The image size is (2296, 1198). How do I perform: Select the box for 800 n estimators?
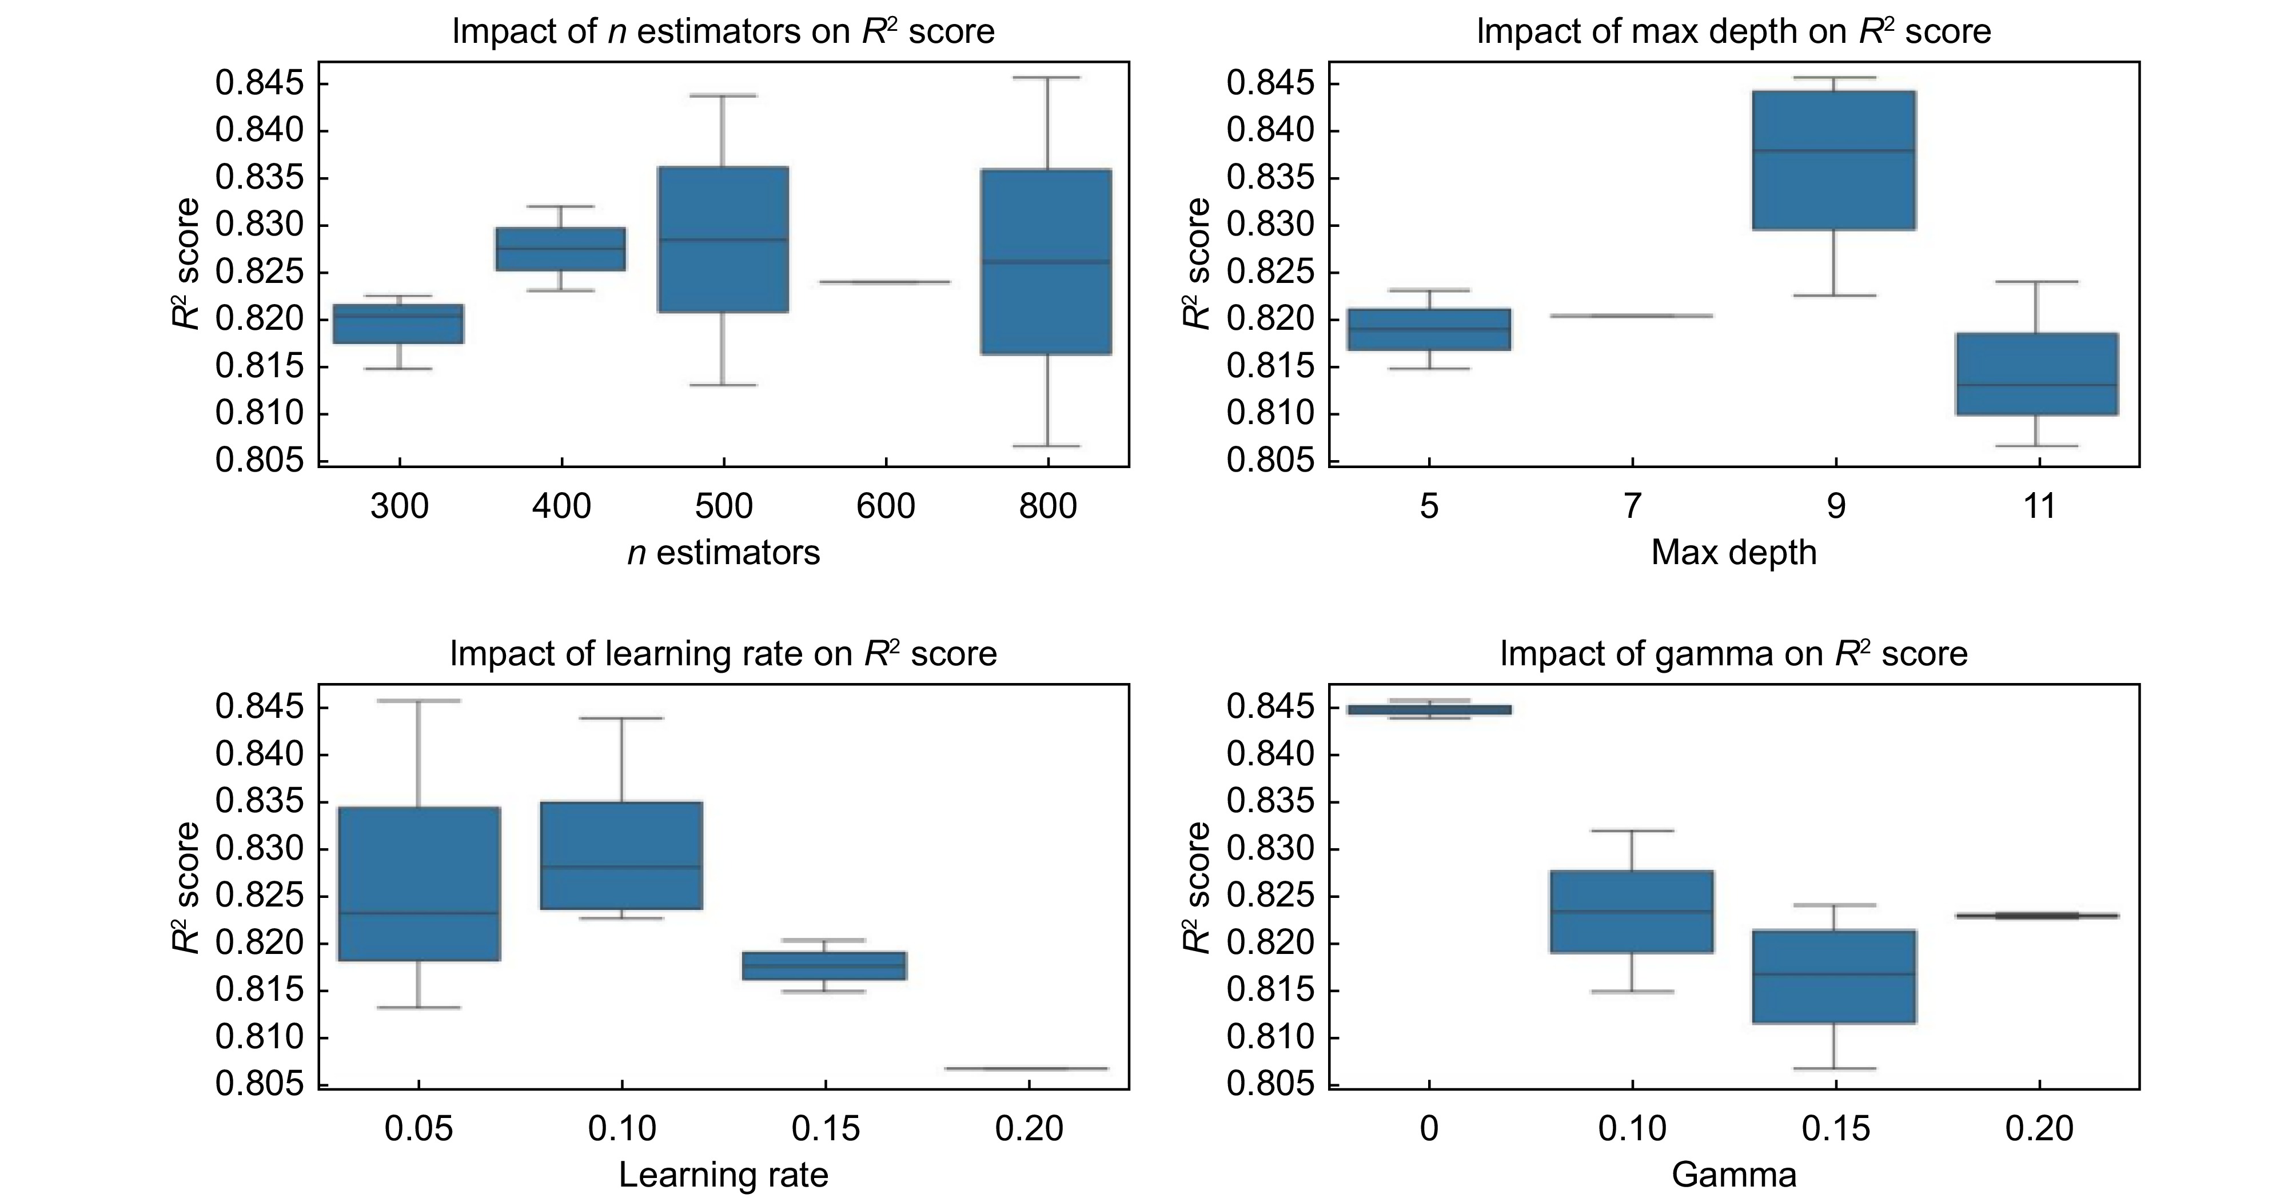coord(1047,261)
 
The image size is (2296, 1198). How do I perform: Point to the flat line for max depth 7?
coord(1632,316)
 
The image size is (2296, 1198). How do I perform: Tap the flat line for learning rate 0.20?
coord(1030,1068)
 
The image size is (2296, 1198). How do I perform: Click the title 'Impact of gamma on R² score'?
coord(1733,654)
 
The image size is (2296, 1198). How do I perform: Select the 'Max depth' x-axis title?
coord(1733,553)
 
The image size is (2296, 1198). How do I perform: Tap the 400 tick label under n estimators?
coord(561,506)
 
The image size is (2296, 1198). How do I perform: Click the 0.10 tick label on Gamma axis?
coord(1632,1128)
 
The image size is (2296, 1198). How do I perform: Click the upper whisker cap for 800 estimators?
coord(1047,78)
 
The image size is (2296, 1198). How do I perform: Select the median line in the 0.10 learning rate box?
coord(621,866)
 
